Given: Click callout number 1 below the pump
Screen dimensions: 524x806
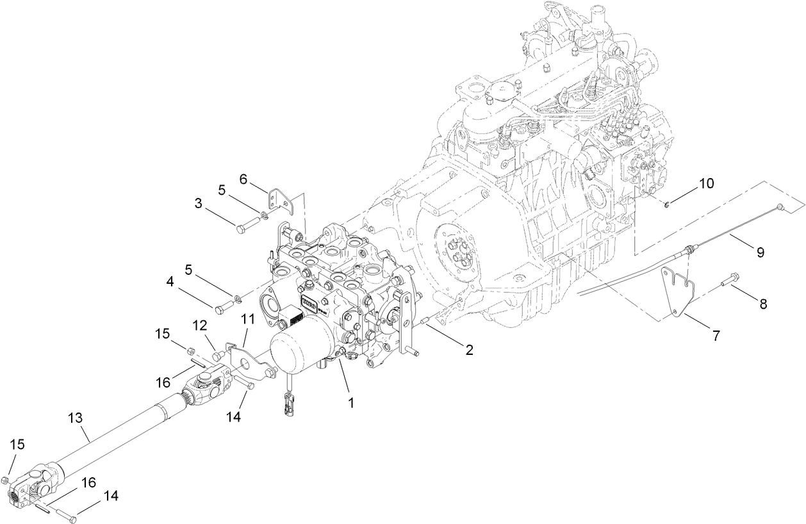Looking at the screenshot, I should coord(350,404).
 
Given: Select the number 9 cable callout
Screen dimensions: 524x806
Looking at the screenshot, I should coord(760,252).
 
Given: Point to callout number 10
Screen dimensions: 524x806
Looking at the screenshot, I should coord(705,184).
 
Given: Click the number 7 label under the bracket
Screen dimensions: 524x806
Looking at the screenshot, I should coord(715,334).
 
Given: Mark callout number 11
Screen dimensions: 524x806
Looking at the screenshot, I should coord(247,318).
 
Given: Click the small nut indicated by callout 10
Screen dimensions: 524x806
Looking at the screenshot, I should coord(668,204).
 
